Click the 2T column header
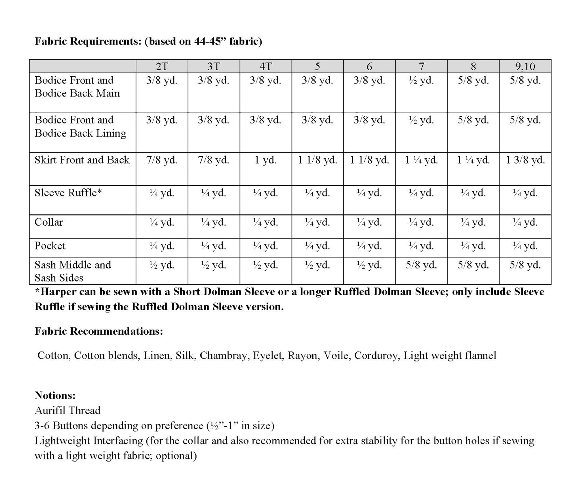click(x=162, y=66)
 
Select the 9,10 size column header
click(x=525, y=66)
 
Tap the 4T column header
click(x=266, y=66)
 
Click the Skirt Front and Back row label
click(x=82, y=160)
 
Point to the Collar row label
click(x=49, y=222)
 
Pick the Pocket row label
click(x=50, y=246)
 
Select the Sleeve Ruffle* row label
click(x=68, y=193)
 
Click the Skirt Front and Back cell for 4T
click(x=266, y=160)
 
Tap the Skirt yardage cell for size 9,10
click(x=525, y=160)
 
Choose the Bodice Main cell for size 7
click(x=421, y=81)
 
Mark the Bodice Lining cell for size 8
click(x=473, y=120)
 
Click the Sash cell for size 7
click(x=421, y=265)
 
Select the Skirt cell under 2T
click(x=162, y=160)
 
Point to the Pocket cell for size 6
click(x=369, y=246)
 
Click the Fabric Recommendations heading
click(x=99, y=331)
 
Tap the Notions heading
click(x=55, y=395)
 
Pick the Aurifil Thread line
click(x=68, y=410)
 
